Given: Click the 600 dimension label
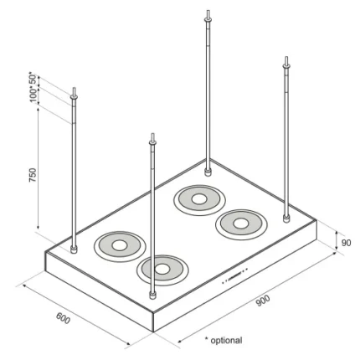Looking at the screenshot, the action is click(x=63, y=318).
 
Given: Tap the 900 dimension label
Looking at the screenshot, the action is click(x=263, y=301).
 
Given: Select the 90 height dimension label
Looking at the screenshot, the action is click(x=346, y=243).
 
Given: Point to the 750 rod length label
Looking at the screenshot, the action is click(x=33, y=175).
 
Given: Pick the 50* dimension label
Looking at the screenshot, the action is click(x=33, y=80).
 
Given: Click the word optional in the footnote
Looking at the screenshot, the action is click(x=226, y=341).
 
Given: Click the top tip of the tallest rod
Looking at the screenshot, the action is click(x=208, y=11).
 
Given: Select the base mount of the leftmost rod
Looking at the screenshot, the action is click(x=74, y=249).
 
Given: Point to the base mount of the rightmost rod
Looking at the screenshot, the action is click(x=286, y=219).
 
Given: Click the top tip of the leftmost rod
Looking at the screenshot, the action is click(x=74, y=88).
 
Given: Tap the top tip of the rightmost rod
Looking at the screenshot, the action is click(x=286, y=57).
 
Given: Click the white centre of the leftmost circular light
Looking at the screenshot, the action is click(x=120, y=245).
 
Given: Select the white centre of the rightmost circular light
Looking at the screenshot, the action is click(x=240, y=223).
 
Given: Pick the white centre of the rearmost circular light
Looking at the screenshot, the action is click(x=199, y=199).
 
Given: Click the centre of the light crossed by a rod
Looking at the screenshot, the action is click(x=162, y=269).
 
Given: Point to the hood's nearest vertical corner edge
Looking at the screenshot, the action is click(x=154, y=321).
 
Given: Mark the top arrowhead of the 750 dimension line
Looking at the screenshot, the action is click(x=38, y=109).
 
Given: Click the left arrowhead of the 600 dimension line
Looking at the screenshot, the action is click(x=24, y=286).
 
